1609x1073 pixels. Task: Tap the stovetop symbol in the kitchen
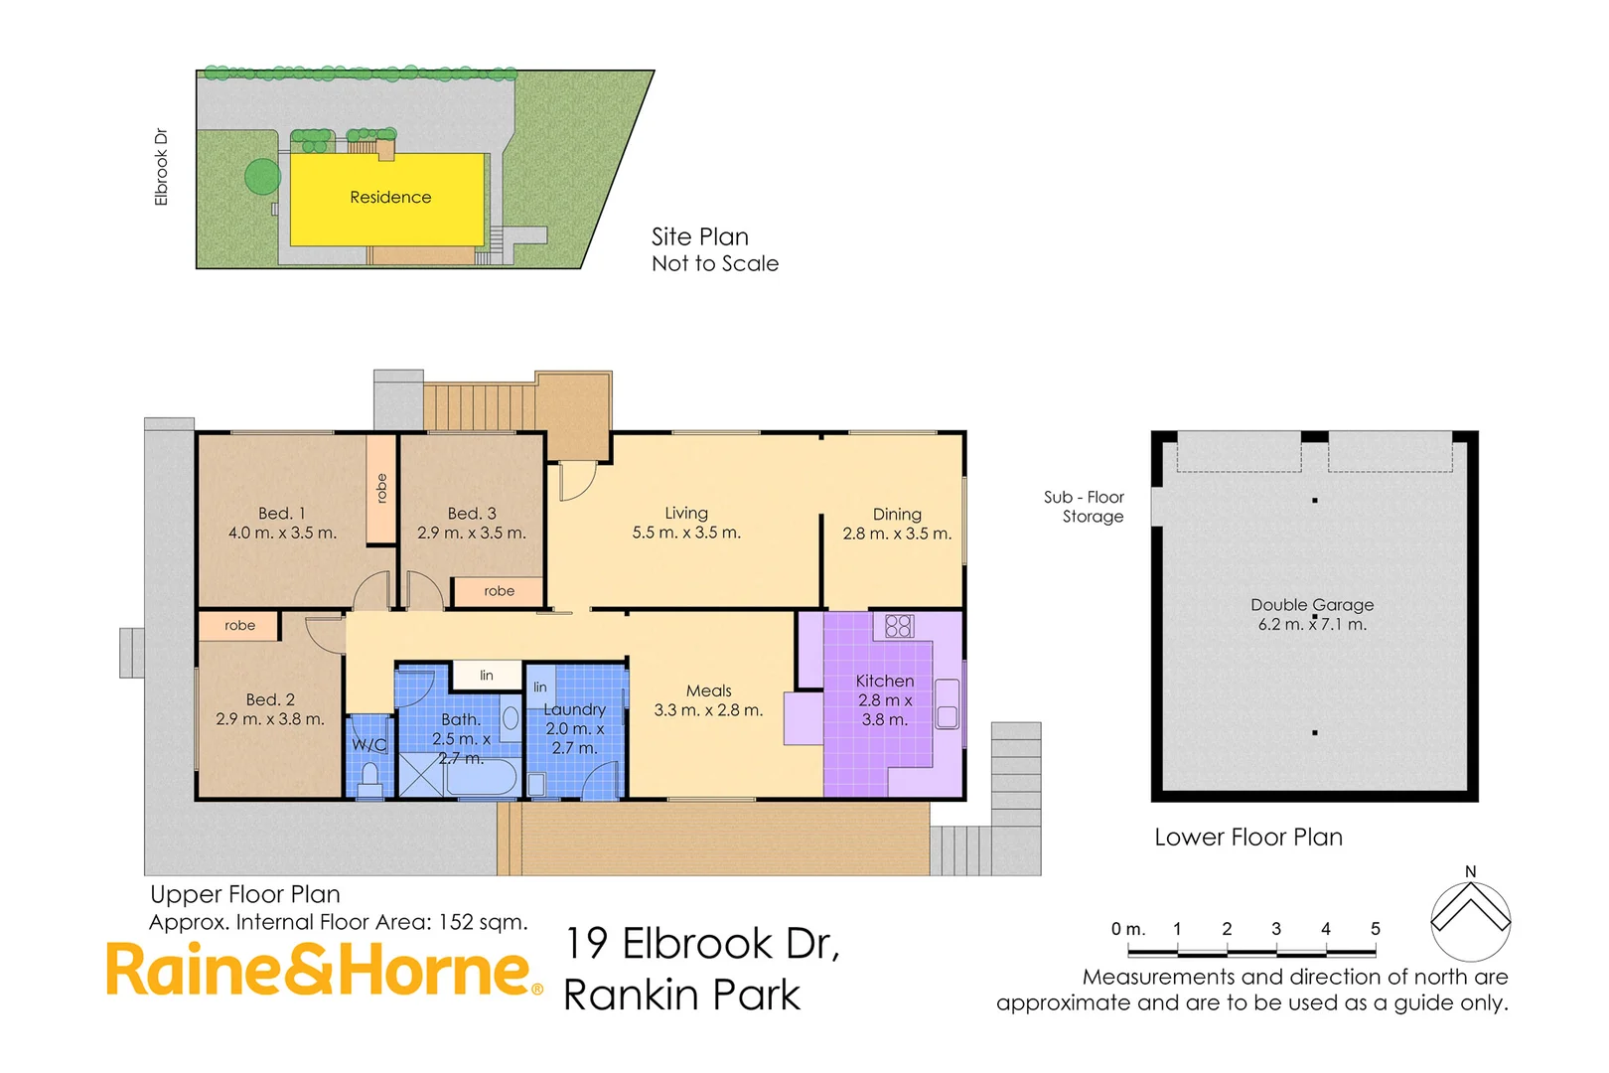[899, 625]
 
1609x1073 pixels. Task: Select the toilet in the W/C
[370, 779]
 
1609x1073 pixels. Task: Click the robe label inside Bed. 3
[499, 591]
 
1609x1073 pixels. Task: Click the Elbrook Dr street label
[161, 167]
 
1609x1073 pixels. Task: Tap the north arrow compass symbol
[1470, 919]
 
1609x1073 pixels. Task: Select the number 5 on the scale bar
[1375, 929]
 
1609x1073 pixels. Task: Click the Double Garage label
[1311, 605]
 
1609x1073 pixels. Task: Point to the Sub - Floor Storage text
[1084, 507]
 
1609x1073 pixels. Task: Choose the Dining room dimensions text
[897, 534]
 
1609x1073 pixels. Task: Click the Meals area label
[708, 690]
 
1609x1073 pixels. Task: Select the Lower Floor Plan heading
[1247, 838]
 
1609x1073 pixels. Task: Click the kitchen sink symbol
[947, 704]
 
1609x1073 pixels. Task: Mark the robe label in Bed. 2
[239, 626]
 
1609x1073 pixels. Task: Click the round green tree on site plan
[263, 177]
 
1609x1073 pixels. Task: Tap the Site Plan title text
[699, 236]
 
